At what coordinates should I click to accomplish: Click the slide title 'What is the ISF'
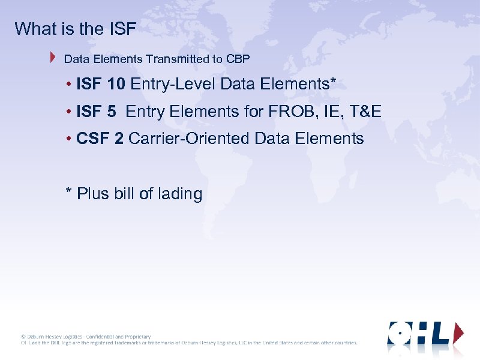[x=76, y=29]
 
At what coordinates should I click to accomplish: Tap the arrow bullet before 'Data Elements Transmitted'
[x=53, y=58]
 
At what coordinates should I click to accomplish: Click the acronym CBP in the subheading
[x=238, y=59]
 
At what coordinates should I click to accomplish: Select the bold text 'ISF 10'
[x=101, y=84]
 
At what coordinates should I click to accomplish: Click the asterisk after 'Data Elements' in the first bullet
[x=332, y=82]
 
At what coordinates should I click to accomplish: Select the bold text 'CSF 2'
[x=100, y=139]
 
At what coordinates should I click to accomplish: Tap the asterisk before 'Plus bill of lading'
[x=69, y=192]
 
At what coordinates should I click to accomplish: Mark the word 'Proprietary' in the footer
[x=137, y=337]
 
